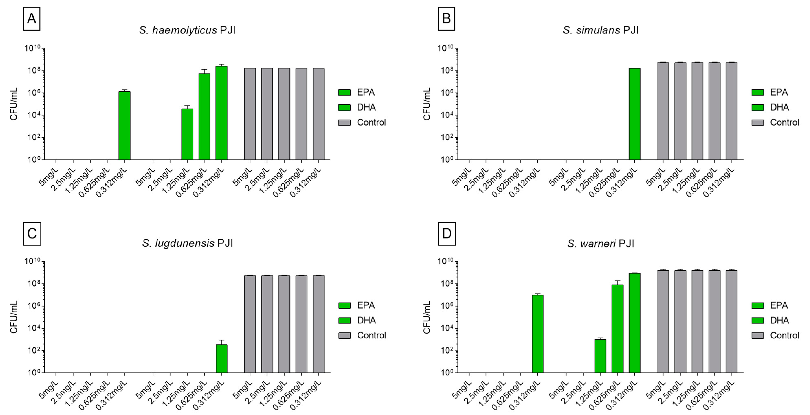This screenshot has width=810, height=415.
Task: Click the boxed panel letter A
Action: click(31, 19)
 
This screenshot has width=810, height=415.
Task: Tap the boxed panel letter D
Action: click(447, 234)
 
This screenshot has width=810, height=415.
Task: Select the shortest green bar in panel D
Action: click(600, 356)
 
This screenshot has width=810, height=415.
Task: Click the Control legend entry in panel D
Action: click(784, 335)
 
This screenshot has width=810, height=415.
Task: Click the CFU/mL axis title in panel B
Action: click(427, 104)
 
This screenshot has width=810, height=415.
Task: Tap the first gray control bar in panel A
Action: click(250, 114)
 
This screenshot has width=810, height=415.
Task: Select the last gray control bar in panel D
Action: click(731, 321)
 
